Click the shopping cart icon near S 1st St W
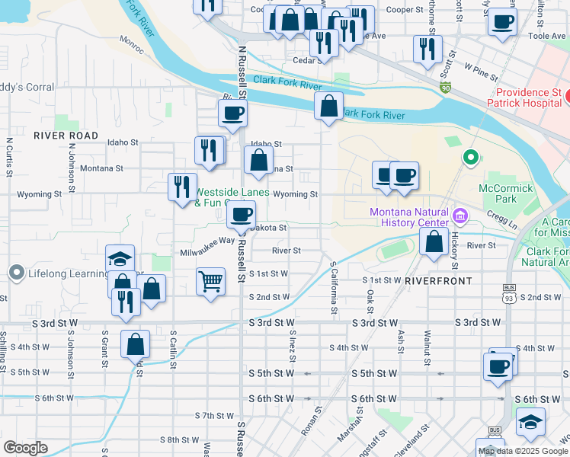(210, 281)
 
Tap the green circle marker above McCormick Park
(471, 158)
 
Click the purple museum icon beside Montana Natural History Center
(459, 216)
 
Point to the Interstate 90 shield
(445, 89)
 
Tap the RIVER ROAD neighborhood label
(66, 136)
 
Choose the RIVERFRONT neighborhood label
(438, 281)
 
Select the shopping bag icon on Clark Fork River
(328, 107)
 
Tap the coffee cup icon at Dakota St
(241, 215)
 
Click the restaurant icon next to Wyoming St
(181, 187)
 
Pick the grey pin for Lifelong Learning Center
(17, 273)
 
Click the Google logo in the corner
(25, 448)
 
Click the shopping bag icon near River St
(434, 243)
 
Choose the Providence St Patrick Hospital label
(525, 97)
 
